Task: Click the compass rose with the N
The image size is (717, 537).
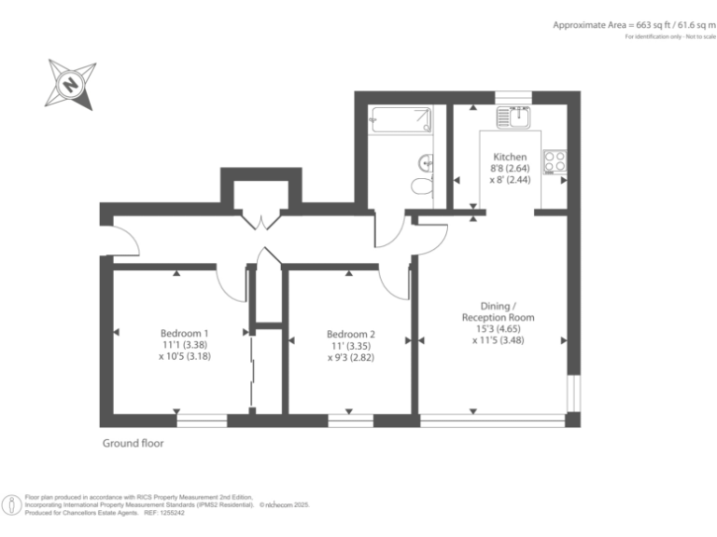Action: (x=71, y=84)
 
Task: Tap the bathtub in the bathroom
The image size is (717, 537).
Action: (x=401, y=118)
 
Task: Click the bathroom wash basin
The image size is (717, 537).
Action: (x=428, y=162)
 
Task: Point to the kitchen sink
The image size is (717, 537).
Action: (x=513, y=117)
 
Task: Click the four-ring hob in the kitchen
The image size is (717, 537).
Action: (x=555, y=161)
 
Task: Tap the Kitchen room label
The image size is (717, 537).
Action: (x=510, y=157)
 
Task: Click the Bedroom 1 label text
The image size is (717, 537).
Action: (x=184, y=333)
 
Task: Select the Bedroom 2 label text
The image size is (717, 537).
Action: (x=351, y=334)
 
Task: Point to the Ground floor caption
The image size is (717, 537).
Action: (x=133, y=444)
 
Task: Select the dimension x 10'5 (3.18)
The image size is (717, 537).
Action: (x=184, y=356)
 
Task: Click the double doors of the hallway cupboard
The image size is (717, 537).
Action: (x=260, y=220)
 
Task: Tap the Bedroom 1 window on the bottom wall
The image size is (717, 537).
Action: (x=202, y=420)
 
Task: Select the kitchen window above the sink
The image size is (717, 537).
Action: (x=513, y=96)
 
